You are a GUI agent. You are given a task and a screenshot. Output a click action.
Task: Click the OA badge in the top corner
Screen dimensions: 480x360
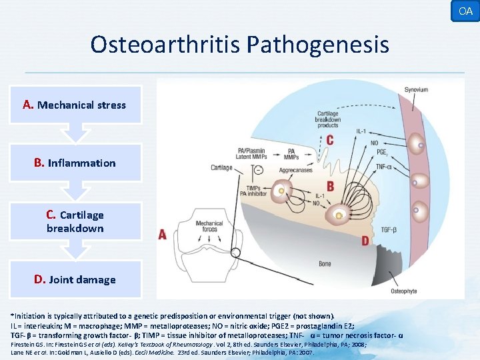pyautogui.click(x=465, y=11)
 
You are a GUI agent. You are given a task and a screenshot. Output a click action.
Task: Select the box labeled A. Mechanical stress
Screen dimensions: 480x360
pyautogui.click(x=75, y=105)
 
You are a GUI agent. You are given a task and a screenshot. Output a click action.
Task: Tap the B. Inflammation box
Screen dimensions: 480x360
pyautogui.click(x=75, y=163)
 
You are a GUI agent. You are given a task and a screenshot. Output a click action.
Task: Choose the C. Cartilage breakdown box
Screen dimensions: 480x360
pyautogui.click(x=75, y=221)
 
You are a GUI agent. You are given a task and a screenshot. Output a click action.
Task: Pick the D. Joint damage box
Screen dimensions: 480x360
pyautogui.click(x=75, y=279)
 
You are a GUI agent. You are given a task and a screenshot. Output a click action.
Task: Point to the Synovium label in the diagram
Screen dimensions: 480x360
pyautogui.click(x=416, y=90)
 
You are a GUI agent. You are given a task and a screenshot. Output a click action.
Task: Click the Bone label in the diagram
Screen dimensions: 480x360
pyautogui.click(x=325, y=264)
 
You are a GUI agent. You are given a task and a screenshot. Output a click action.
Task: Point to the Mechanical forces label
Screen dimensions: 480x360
pyautogui.click(x=209, y=227)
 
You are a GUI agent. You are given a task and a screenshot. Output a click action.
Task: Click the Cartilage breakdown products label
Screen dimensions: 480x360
pyautogui.click(x=328, y=119)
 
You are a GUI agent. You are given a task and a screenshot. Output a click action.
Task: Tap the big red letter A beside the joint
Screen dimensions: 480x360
pyautogui.click(x=163, y=234)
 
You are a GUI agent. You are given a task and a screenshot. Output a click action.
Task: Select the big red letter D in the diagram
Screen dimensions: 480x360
pyautogui.click(x=365, y=239)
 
